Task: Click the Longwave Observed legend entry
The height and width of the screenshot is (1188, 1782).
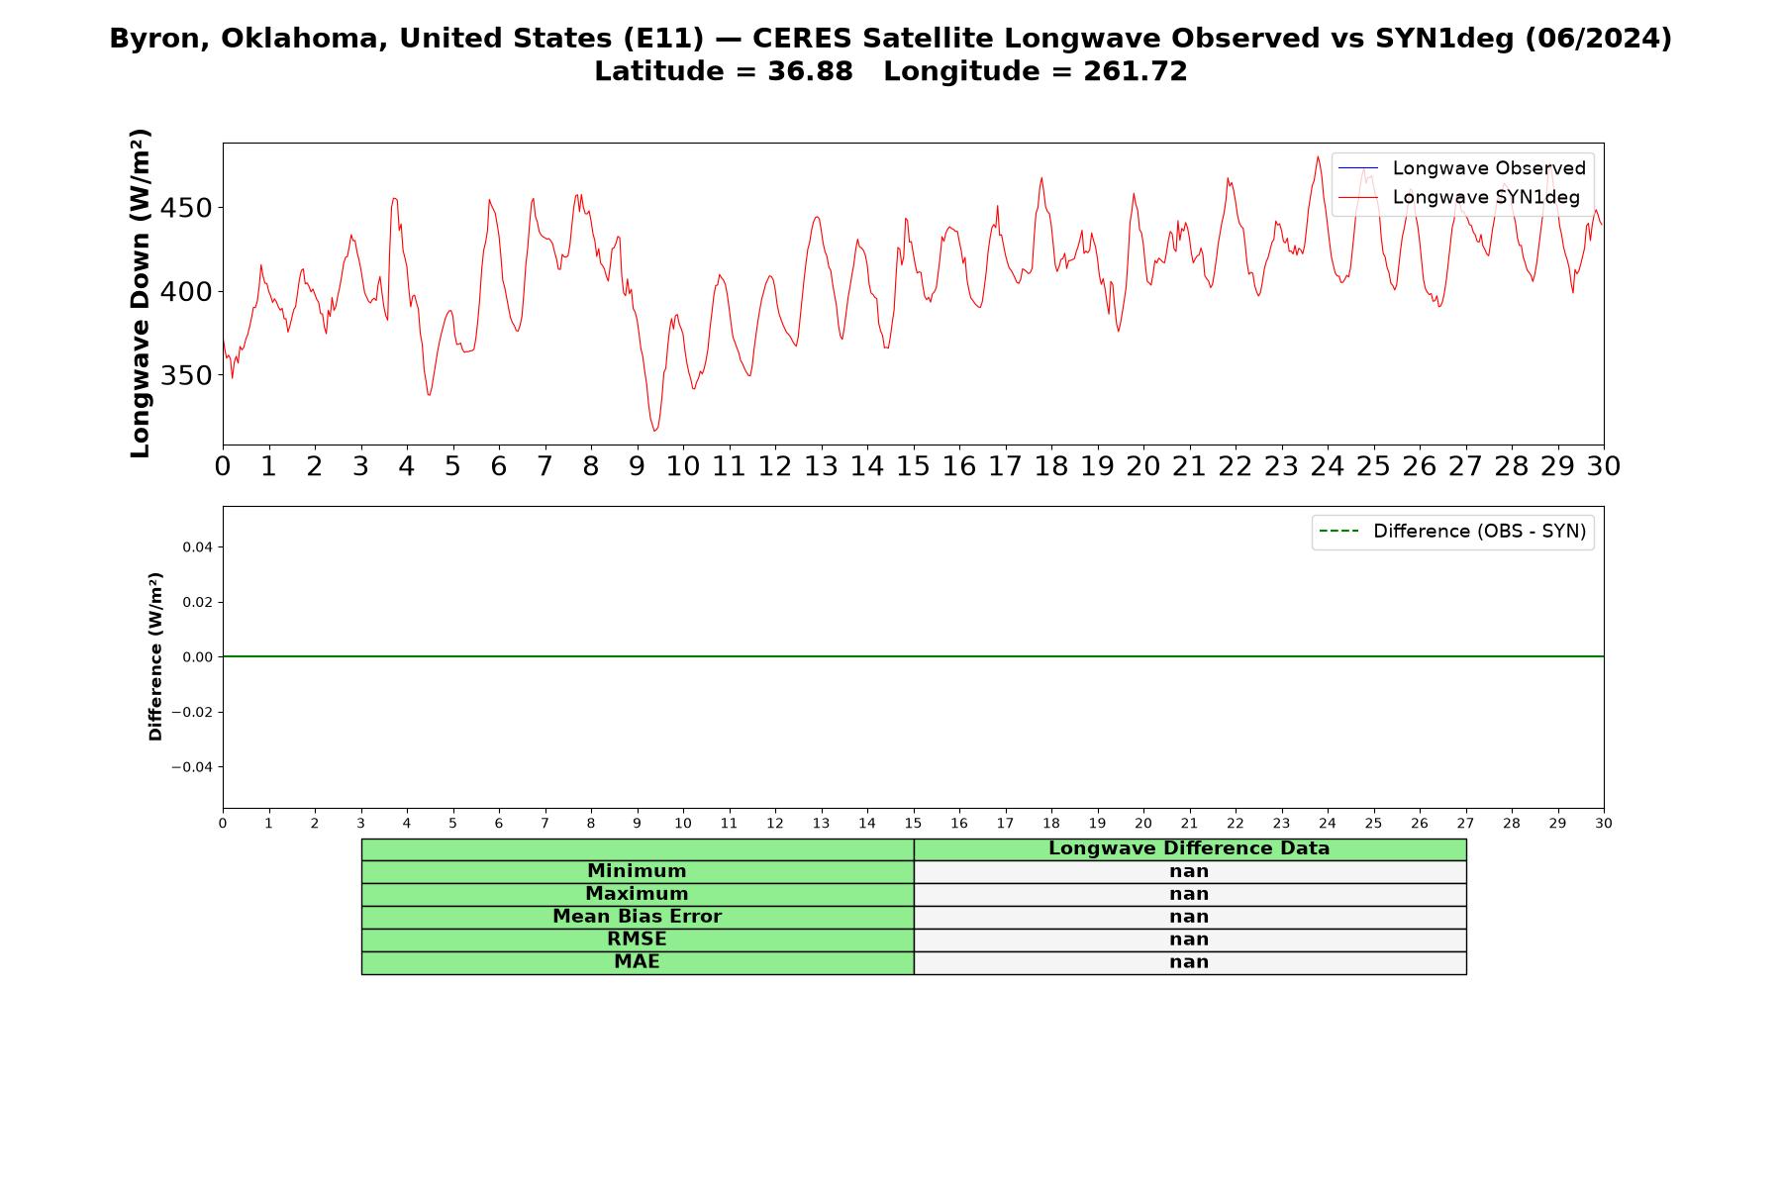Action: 1462,168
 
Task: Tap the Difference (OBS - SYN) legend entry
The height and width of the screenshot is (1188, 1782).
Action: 1452,532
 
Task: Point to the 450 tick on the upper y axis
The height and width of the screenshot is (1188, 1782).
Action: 185,209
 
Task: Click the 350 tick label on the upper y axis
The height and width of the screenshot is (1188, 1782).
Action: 185,376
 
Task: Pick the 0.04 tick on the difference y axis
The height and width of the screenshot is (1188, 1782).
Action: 198,547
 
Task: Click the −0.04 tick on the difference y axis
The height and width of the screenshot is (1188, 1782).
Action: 193,767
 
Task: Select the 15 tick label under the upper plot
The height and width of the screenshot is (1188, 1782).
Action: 913,466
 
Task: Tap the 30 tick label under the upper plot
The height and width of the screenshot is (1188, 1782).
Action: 1604,466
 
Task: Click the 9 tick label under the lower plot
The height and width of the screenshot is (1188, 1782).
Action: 637,824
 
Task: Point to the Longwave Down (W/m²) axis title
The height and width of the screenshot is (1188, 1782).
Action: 140,293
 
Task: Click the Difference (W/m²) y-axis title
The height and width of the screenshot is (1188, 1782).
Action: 155,656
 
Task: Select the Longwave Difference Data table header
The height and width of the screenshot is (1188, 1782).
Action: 1189,848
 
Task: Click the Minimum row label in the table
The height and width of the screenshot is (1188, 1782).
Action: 637,871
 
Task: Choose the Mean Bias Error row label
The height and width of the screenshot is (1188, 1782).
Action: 637,917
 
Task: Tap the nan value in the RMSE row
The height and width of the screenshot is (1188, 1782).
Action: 1189,940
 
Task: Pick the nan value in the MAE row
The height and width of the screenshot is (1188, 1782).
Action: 1189,962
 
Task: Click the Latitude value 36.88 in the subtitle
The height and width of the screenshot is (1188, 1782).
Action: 810,71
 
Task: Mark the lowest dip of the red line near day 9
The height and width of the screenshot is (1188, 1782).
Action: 654,431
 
